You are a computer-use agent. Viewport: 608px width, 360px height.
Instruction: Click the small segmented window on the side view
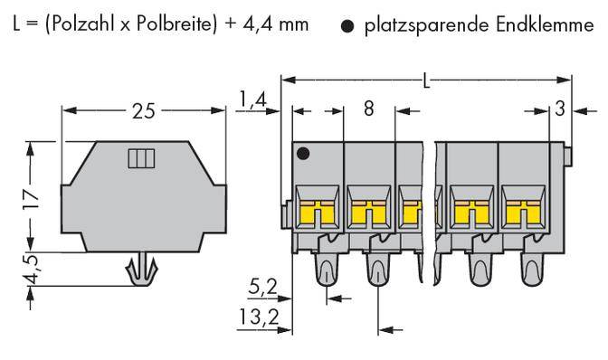(141, 159)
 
